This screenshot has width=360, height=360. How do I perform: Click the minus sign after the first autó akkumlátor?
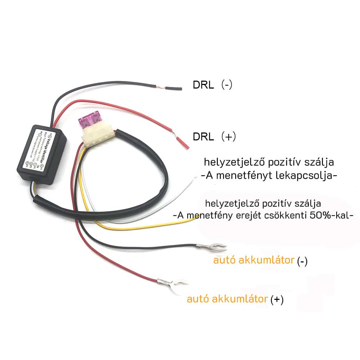tap(302, 262)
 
